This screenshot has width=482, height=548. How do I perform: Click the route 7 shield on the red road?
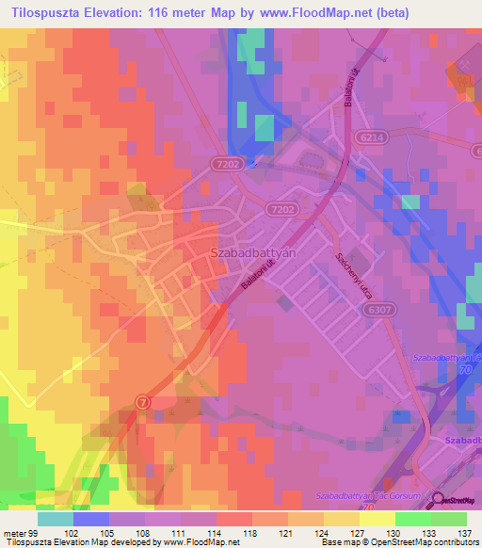[142, 400]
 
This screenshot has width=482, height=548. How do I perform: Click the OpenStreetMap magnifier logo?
[439, 501]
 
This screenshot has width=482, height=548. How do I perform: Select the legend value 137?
[466, 532]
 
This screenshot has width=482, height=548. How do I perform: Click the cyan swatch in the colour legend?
[56, 519]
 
